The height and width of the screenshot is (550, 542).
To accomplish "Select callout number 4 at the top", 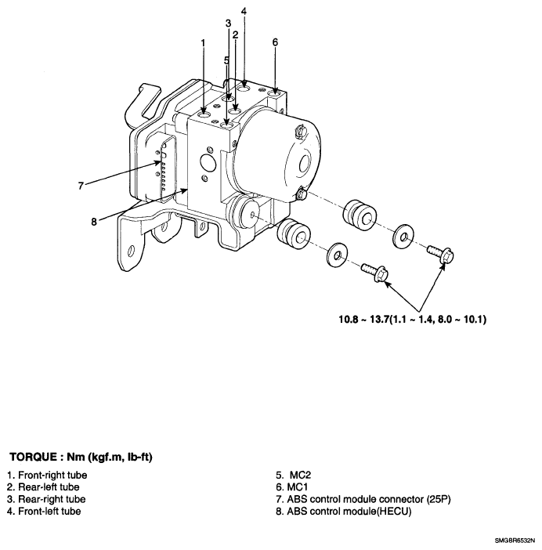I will tap(244, 11).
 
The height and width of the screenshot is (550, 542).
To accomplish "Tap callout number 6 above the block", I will tap(275, 42).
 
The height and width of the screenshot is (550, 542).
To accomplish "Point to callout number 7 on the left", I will tap(80, 186).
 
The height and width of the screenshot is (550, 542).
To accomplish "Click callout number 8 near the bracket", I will tap(93, 221).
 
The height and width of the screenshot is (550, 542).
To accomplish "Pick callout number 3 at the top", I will tap(228, 23).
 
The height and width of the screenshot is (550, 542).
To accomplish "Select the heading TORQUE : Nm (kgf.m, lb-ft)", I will tap(80, 456).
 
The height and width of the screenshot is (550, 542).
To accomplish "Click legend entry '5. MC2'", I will tap(291, 475).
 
